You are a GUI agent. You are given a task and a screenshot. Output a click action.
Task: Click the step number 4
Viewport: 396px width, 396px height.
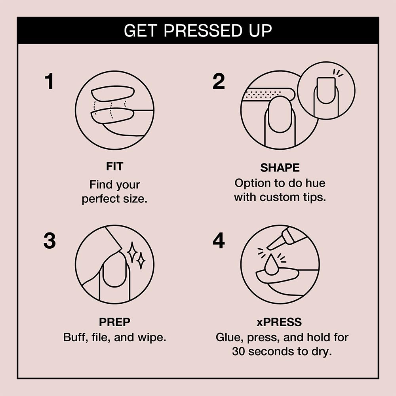click(x=218, y=241)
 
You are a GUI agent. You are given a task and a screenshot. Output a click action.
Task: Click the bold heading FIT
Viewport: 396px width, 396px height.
click(x=114, y=167)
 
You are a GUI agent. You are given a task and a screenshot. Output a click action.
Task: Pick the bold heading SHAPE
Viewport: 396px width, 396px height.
click(x=280, y=168)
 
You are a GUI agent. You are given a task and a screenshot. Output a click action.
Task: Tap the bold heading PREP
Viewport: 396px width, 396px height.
click(x=114, y=323)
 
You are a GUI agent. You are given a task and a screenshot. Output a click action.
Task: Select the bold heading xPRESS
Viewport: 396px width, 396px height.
click(x=280, y=323)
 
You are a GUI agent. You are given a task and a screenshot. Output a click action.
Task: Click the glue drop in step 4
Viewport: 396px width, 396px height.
click(x=271, y=266)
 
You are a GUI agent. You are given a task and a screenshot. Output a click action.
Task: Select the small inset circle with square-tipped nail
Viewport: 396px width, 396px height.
click(x=326, y=91)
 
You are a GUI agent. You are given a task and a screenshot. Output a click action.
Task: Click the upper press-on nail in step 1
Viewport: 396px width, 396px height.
click(x=113, y=93)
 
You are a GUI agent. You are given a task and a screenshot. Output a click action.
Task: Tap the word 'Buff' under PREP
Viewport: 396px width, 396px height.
click(x=75, y=337)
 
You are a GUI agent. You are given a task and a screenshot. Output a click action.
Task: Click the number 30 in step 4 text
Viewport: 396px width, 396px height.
click(x=239, y=351)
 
